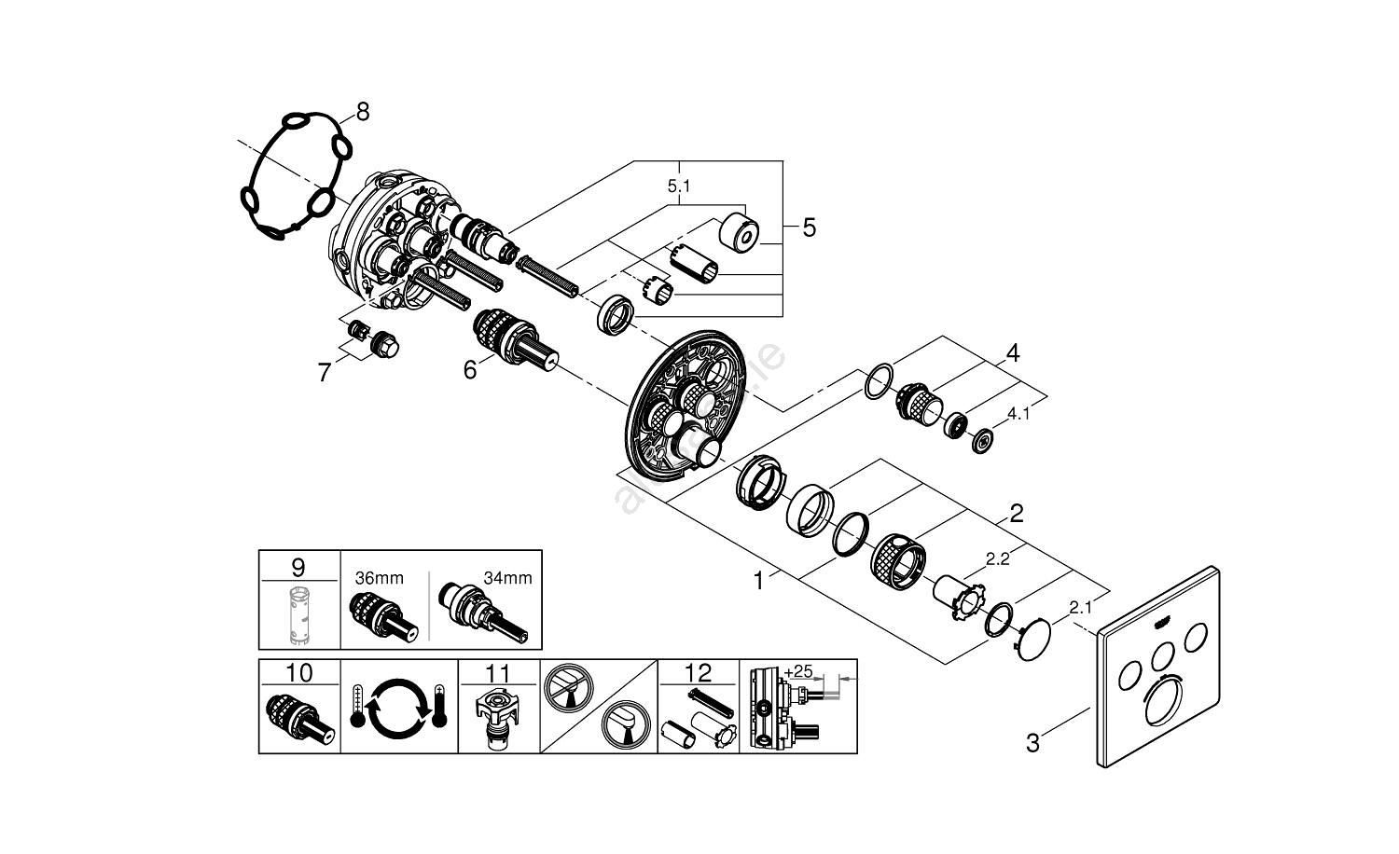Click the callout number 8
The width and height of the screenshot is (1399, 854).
click(x=362, y=112)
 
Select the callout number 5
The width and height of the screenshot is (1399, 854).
click(x=809, y=227)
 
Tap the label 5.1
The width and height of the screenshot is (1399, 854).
click(x=679, y=186)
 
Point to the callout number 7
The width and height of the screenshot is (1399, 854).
click(x=324, y=374)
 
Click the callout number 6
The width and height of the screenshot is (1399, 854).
click(x=470, y=370)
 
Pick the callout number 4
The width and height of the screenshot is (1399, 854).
click(x=1011, y=353)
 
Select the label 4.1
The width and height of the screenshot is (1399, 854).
click(x=1018, y=414)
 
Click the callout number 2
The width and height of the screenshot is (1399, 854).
click(x=1017, y=512)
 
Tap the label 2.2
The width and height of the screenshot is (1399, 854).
click(x=997, y=559)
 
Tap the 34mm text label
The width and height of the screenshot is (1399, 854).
click(x=507, y=578)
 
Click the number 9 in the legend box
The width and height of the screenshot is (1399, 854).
click(x=298, y=566)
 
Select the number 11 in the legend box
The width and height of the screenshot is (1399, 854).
click(x=498, y=672)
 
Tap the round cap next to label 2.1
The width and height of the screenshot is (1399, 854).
click(x=1030, y=640)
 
